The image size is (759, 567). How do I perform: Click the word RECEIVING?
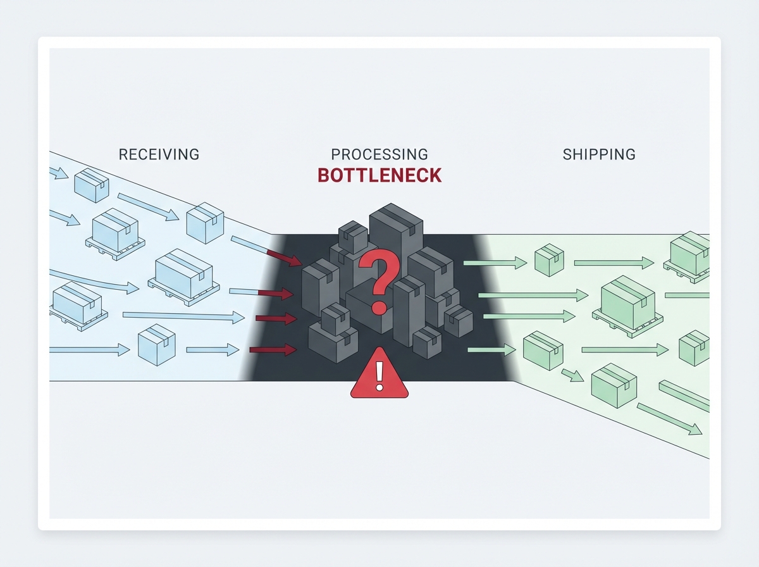(159, 154)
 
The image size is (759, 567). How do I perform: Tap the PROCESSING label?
(379, 154)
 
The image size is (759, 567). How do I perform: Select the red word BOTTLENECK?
(379, 175)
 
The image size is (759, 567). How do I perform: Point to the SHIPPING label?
(599, 154)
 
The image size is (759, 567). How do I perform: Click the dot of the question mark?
(379, 308)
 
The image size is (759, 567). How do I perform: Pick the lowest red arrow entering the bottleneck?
(273, 349)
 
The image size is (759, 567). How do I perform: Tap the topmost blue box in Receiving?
(92, 184)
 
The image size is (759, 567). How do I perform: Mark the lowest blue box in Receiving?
(156, 345)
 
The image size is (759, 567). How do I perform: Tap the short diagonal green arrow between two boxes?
(573, 375)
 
